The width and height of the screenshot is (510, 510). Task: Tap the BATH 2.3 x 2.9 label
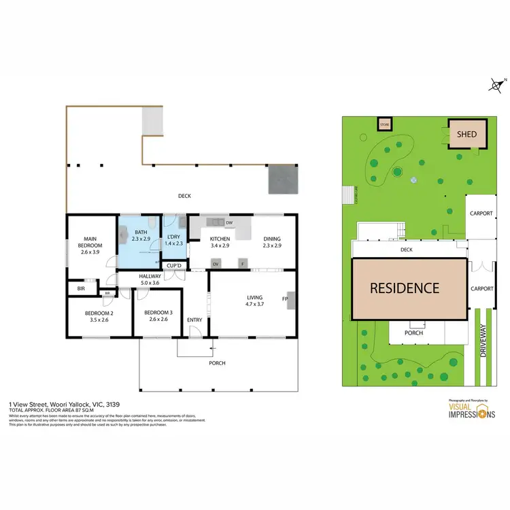[141, 236]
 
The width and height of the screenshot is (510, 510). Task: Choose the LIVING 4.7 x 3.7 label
[254, 300]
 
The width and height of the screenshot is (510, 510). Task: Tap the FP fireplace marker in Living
[286, 298]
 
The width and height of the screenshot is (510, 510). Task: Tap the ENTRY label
[194, 320]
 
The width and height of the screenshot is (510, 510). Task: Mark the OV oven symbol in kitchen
[216, 263]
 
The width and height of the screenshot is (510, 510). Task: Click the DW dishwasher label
[229, 223]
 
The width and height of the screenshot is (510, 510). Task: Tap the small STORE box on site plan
[386, 124]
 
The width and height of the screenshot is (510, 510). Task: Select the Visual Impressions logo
[471, 410]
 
